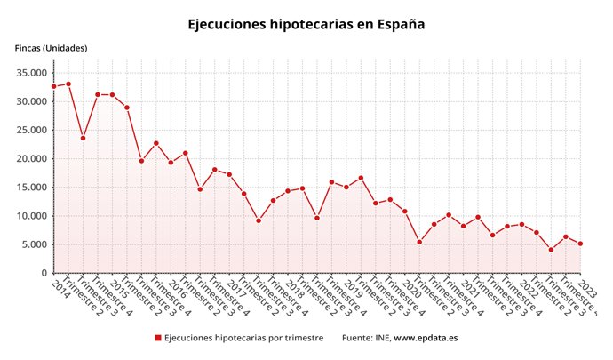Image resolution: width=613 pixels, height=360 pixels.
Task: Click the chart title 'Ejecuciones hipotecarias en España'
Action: [306, 24]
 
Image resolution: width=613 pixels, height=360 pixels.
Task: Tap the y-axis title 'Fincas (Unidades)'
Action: [52, 48]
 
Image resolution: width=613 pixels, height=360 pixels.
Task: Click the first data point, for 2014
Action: [53, 86]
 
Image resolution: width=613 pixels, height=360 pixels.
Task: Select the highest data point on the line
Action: [68, 84]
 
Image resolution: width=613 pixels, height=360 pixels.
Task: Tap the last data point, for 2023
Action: [580, 244]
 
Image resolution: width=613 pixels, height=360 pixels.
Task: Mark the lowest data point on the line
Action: [551, 250]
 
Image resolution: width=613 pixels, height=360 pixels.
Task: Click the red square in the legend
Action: [158, 338]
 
